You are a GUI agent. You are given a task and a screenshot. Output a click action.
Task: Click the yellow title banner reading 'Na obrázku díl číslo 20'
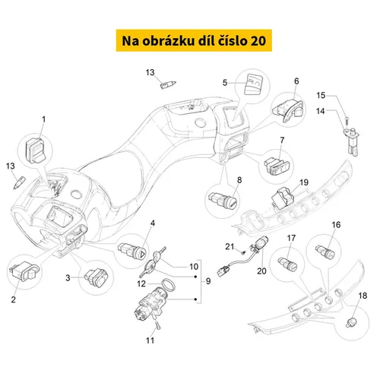click(x=194, y=40)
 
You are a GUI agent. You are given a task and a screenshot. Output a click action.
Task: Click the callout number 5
click(x=225, y=83)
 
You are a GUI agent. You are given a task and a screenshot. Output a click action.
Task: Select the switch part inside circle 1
click(x=36, y=150)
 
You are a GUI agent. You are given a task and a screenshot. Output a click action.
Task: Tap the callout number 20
click(x=261, y=271)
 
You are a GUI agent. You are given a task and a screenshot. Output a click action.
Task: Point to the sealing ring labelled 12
click(x=168, y=284)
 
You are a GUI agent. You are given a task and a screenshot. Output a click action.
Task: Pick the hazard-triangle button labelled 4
click(x=131, y=250)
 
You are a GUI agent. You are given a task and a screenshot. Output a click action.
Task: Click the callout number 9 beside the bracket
click(x=208, y=281)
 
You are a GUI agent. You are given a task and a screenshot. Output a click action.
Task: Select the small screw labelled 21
click(x=243, y=252)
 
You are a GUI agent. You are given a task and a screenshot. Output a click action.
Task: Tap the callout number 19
click(x=304, y=182)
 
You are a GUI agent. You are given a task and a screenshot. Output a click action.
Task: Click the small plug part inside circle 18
click(x=352, y=322)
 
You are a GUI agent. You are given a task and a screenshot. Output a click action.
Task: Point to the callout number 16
click(x=336, y=225)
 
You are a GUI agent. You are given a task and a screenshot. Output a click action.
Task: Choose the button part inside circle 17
click(x=287, y=264)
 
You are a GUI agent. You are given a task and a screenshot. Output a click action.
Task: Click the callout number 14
click(x=321, y=111)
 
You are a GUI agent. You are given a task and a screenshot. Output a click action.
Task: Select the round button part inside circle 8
click(x=223, y=200)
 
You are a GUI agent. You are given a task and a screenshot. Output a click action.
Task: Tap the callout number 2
click(x=14, y=299)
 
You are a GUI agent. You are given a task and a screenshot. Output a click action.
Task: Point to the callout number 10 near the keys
click(x=194, y=267)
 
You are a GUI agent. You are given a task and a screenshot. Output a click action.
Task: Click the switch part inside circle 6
click(x=288, y=110)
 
